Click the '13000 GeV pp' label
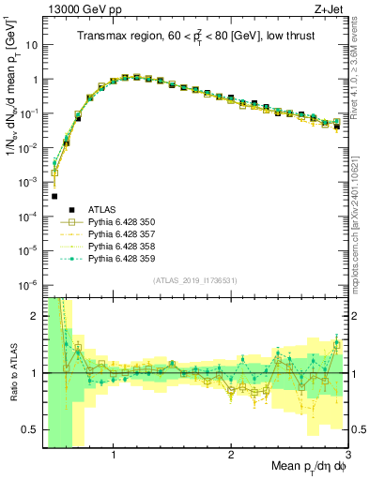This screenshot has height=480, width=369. pyautogui.click(x=85, y=10)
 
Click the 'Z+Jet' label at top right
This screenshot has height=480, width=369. pyautogui.click(x=329, y=10)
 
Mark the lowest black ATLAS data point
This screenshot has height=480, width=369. pyautogui.click(x=54, y=197)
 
